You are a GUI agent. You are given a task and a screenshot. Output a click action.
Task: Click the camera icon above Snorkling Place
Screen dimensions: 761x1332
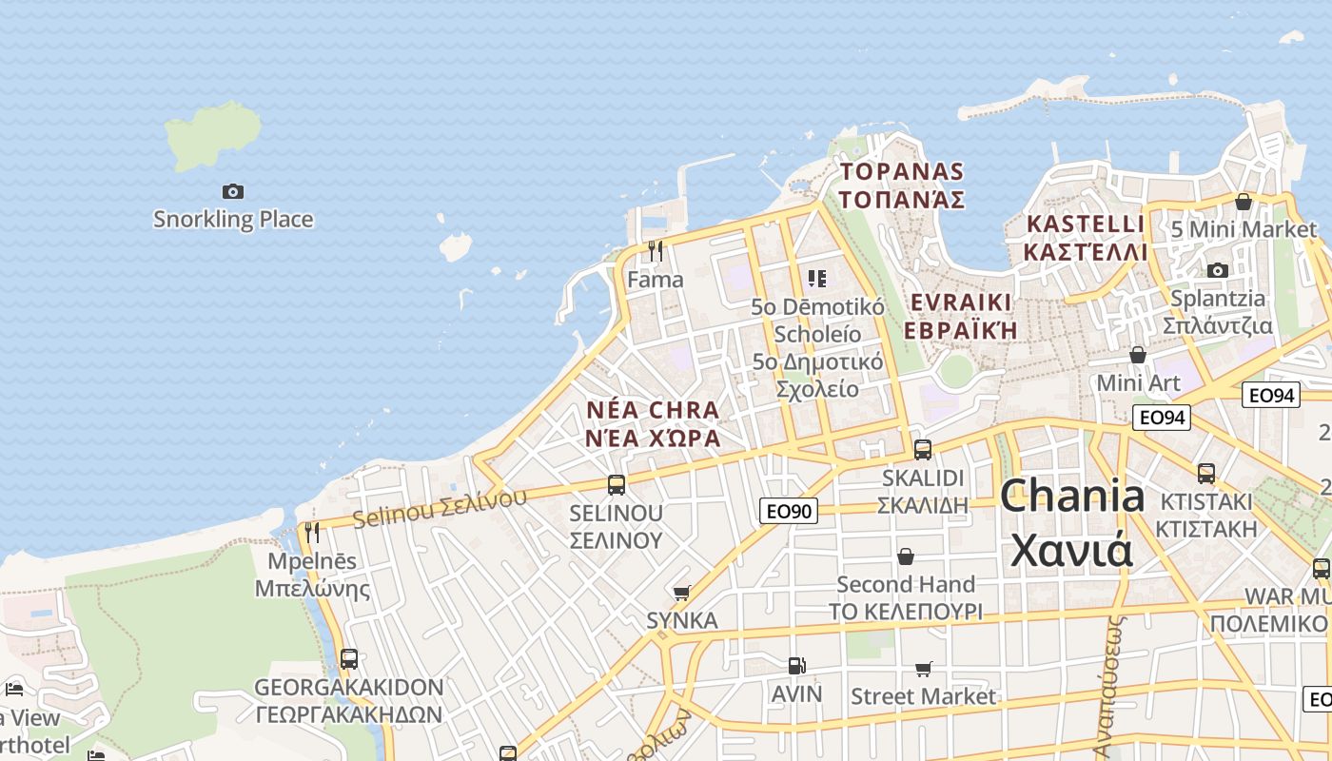click(233, 191)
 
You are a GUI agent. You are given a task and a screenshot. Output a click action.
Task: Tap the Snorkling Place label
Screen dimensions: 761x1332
click(233, 220)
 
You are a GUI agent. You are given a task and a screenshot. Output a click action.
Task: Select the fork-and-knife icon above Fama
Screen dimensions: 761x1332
click(655, 251)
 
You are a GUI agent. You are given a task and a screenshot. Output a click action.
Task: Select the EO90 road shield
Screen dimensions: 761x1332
click(789, 512)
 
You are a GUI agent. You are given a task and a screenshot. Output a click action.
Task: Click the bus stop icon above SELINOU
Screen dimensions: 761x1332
click(616, 485)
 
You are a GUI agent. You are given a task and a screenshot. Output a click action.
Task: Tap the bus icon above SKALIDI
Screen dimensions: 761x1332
click(922, 450)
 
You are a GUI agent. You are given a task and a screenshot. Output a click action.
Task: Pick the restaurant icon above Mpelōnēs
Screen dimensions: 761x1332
click(312, 533)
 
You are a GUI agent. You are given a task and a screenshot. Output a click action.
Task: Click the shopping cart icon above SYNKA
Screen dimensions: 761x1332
click(681, 594)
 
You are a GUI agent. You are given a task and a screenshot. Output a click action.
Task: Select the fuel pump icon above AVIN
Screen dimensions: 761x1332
click(795, 667)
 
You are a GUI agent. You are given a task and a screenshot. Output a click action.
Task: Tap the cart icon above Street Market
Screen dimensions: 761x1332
click(923, 670)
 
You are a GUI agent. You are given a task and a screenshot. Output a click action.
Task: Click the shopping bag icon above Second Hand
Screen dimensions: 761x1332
click(906, 556)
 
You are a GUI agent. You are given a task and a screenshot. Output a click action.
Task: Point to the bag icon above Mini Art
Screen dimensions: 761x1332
click(1137, 355)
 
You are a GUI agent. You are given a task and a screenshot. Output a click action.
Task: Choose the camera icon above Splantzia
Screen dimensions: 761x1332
click(1217, 270)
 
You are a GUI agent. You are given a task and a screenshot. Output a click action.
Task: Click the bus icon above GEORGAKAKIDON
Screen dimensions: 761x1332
click(348, 658)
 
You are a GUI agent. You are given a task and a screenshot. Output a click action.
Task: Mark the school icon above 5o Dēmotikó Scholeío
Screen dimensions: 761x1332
click(817, 279)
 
